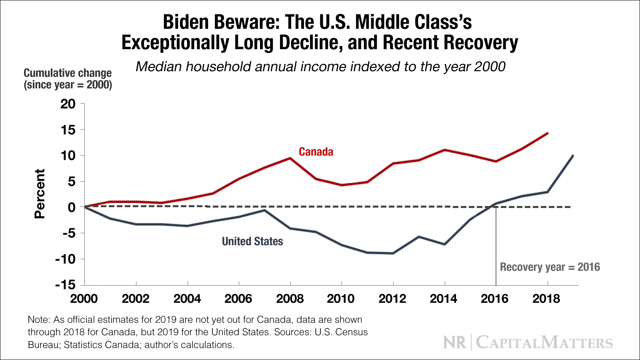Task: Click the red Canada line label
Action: click(316, 152)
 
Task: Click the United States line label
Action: click(252, 241)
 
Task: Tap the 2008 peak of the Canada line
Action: click(290, 158)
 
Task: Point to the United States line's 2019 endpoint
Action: click(573, 156)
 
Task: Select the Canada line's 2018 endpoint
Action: click(547, 133)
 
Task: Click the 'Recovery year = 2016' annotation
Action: click(550, 267)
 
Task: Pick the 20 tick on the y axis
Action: click(68, 104)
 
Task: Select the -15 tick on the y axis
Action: click(65, 285)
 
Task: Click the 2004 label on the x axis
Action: click(187, 299)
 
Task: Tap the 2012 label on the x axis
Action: click(392, 299)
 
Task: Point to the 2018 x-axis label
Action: click(546, 299)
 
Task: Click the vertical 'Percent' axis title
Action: click(40, 194)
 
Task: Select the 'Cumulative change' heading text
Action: click(68, 73)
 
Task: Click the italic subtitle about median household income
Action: click(320, 66)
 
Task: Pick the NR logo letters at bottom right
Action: click(455, 343)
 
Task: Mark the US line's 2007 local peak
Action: click(264, 210)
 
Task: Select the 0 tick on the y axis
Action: click(72, 207)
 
